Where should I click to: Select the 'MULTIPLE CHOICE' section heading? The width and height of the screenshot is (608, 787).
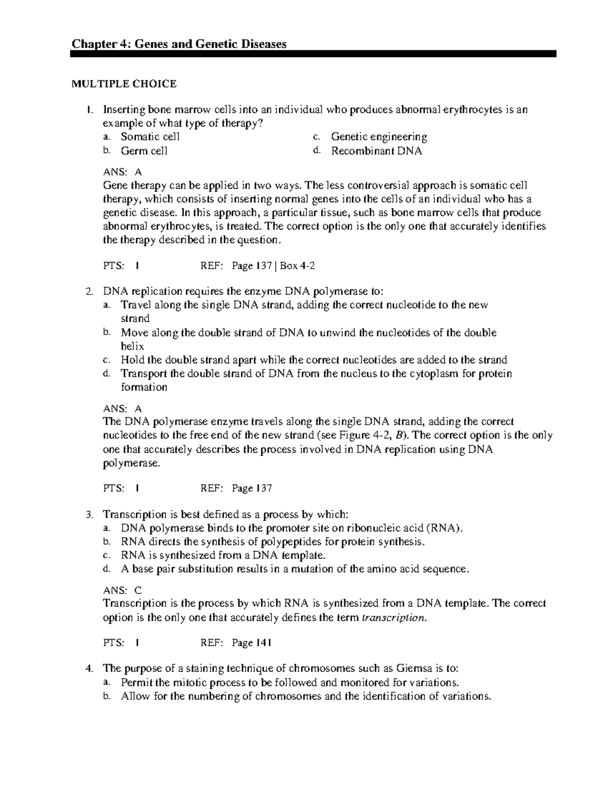124,84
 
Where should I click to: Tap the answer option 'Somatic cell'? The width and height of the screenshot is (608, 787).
150,137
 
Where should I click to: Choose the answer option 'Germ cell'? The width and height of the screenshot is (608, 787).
144,151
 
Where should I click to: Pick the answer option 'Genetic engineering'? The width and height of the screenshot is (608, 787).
378,137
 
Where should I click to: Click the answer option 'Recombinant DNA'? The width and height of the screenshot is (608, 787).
376,151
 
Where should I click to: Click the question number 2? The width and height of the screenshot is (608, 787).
89,292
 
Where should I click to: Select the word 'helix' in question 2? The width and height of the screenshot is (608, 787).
132,347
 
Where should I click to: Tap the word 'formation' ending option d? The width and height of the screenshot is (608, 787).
144,387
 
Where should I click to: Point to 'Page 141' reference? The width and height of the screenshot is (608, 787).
252,643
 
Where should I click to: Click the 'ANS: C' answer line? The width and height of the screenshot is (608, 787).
123,590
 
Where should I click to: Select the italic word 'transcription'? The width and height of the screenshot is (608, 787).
393,618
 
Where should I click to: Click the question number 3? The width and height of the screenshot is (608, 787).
89,515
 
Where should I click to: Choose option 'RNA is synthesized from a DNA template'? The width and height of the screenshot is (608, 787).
223,555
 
